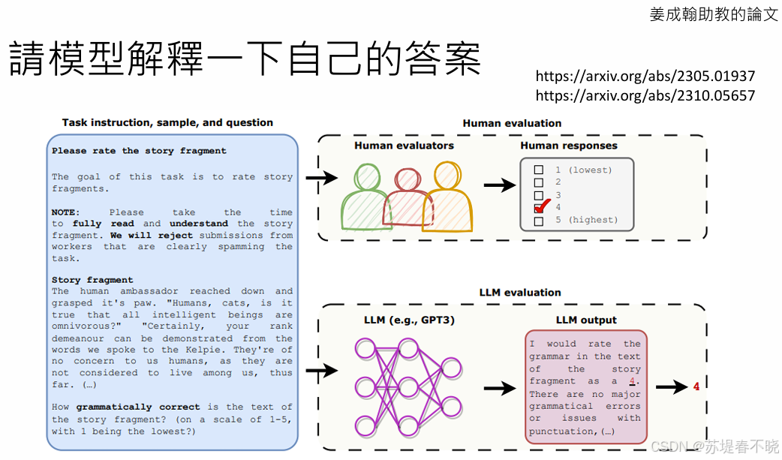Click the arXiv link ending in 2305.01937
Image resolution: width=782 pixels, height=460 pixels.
[645, 76]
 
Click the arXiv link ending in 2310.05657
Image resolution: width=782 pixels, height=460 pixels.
[645, 95]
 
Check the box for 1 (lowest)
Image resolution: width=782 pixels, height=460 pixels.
[538, 170]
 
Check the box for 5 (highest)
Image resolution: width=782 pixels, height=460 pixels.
[538, 221]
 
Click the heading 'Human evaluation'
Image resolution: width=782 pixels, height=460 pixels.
[512, 123]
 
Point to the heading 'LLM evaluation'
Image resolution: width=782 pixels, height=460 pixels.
[520, 293]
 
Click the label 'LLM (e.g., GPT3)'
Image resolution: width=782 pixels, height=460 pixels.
[409, 320]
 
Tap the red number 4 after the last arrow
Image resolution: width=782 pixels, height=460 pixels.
[696, 387]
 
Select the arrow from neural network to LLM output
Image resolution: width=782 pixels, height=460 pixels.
[499, 389]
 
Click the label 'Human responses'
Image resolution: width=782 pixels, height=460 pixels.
[569, 146]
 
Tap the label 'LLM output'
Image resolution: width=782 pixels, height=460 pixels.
[586, 320]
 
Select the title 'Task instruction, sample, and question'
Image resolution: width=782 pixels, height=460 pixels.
[167, 122]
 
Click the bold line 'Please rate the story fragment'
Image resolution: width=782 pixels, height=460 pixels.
[139, 151]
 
